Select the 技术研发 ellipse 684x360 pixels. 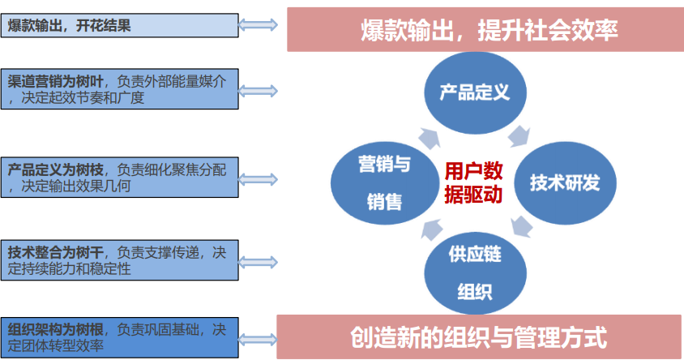565,182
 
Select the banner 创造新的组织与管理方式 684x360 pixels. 478,336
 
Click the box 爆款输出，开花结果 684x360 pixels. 119,26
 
